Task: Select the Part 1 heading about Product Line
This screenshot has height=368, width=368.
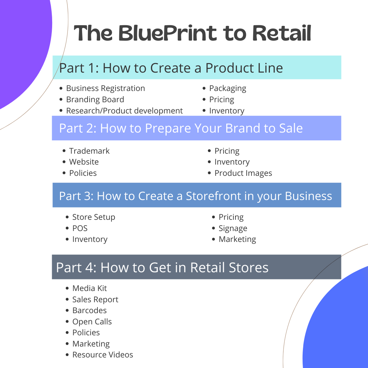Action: click(x=171, y=68)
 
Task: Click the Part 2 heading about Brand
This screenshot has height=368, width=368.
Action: click(x=181, y=128)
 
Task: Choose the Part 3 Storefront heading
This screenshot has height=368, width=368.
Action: click(x=196, y=196)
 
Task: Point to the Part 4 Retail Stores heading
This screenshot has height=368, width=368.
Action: click(x=162, y=267)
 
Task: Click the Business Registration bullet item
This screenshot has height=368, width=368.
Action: click(x=105, y=88)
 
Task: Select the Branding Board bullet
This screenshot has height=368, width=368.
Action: click(x=95, y=99)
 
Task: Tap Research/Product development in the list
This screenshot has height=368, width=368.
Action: click(x=124, y=111)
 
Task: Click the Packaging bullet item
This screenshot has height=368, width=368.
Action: click(x=228, y=89)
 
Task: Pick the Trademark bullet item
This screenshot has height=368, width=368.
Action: click(x=89, y=151)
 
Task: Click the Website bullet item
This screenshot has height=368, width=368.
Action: click(x=84, y=162)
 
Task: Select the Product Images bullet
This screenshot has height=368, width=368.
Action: click(x=243, y=173)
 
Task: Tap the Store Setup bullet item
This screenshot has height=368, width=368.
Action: click(x=94, y=217)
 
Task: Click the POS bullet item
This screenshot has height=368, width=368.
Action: click(x=80, y=228)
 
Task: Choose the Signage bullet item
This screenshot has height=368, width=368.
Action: click(x=233, y=228)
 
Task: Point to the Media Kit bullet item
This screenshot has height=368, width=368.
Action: click(x=89, y=288)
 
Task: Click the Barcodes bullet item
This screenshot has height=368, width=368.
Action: click(x=89, y=310)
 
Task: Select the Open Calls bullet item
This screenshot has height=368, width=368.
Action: click(x=92, y=322)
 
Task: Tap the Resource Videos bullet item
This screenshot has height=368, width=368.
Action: click(x=103, y=355)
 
